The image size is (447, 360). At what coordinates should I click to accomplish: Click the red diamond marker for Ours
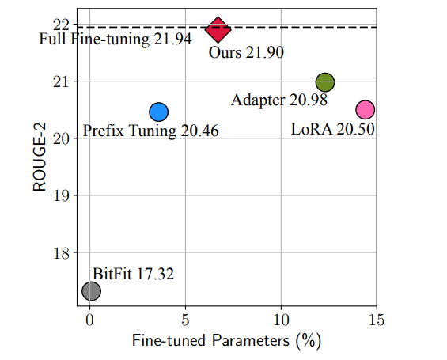pyautogui.click(x=218, y=29)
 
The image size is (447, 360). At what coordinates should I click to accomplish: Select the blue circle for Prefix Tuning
pyautogui.click(x=158, y=112)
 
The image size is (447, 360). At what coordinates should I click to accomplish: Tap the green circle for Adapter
pyautogui.click(x=325, y=81)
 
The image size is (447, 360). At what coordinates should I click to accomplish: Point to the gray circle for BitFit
pyautogui.click(x=91, y=291)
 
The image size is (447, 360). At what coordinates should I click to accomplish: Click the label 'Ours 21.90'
pyautogui.click(x=245, y=53)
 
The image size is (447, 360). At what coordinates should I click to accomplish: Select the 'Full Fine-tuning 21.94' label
pyautogui.click(x=116, y=39)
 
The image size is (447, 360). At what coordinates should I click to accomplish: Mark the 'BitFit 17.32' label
pyautogui.click(x=133, y=274)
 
